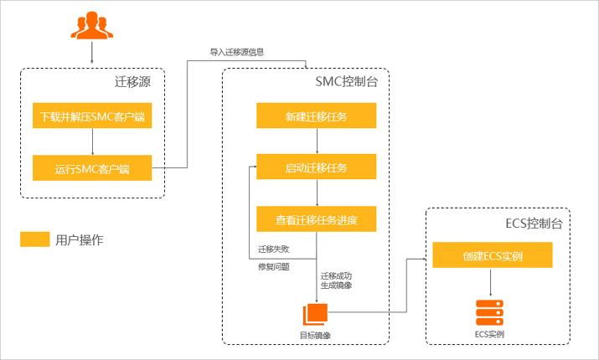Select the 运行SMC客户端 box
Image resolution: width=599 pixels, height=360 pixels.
pyautogui.click(x=92, y=168)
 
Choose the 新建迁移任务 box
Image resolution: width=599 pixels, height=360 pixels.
pyautogui.click(x=316, y=116)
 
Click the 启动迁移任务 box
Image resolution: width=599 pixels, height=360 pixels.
pyautogui.click(x=316, y=168)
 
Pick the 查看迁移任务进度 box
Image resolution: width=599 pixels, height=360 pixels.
pyautogui.click(x=316, y=220)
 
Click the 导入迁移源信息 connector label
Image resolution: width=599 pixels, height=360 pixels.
pyautogui.click(x=236, y=52)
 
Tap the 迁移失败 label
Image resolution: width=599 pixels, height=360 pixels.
pyautogui.click(x=274, y=249)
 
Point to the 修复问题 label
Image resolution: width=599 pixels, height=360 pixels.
pyautogui.click(x=274, y=267)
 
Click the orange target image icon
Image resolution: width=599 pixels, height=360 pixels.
pyautogui.click(x=316, y=313)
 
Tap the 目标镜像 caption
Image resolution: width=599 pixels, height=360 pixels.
pyautogui.click(x=316, y=335)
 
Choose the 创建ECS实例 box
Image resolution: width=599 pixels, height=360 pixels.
pyautogui.click(x=492, y=255)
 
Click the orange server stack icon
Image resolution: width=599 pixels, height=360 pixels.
pyautogui.click(x=492, y=313)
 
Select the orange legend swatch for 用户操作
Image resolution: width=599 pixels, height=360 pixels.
pyautogui.click(x=34, y=240)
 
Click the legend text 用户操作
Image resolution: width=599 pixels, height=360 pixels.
pyautogui.click(x=80, y=240)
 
